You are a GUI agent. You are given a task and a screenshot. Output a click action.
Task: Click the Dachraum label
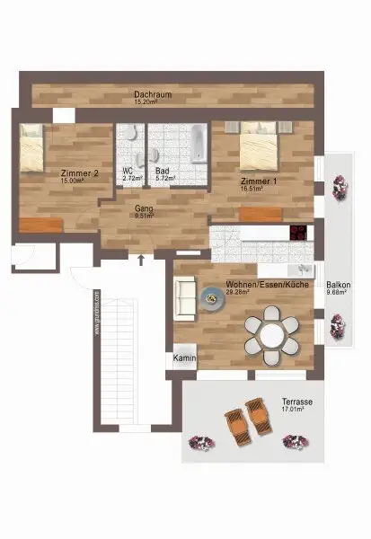point(153,93)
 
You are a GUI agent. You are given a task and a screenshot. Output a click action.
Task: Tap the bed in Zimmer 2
point(32,147)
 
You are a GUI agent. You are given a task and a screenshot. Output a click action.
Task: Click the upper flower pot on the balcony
point(340,188)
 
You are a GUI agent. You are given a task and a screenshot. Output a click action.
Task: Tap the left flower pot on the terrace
point(200,443)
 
